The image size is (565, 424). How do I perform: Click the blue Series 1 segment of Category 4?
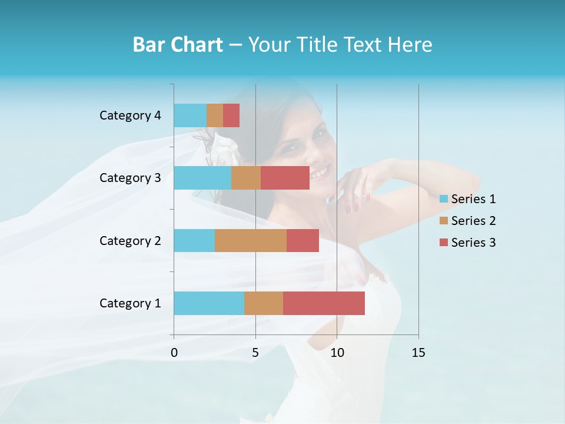(190, 115)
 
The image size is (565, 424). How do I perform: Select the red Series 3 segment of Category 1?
(324, 303)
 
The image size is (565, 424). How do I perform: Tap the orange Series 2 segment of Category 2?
(251, 240)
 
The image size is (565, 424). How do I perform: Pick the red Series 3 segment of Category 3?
(285, 178)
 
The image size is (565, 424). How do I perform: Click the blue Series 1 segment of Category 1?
(209, 303)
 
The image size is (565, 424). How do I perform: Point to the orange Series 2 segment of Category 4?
(215, 115)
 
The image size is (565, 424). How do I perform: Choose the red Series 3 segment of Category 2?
(303, 240)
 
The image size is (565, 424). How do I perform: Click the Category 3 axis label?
(130, 178)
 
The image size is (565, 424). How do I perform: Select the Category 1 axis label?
(130, 303)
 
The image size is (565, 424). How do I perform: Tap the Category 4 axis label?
(130, 115)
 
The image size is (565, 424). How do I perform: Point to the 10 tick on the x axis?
(337, 353)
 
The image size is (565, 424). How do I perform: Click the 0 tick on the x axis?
(174, 353)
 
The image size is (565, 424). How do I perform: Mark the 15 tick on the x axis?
(418, 353)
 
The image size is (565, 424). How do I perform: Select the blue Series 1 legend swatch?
(443, 199)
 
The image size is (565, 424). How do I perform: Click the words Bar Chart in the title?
(178, 45)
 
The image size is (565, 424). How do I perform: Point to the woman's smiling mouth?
(319, 173)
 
